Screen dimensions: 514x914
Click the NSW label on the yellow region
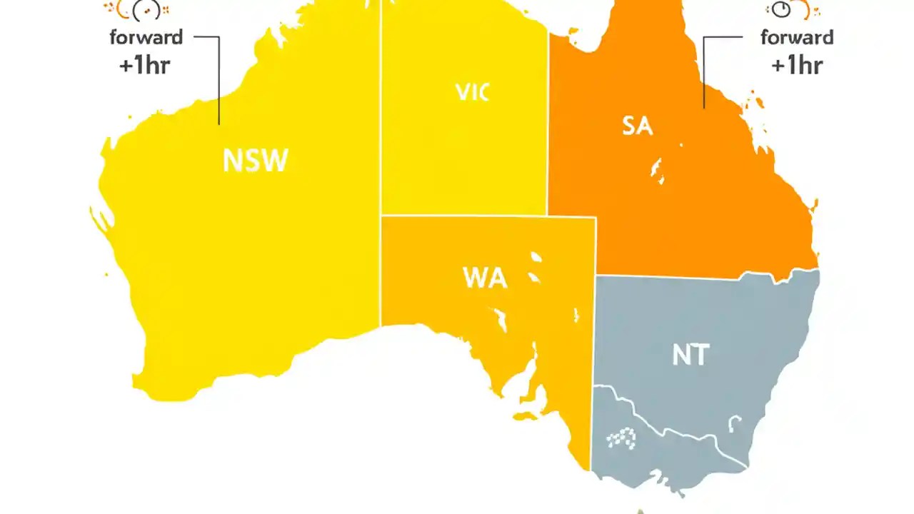pos(255,161)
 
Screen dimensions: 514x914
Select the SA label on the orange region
pos(637,126)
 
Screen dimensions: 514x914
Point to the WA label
pos(485,277)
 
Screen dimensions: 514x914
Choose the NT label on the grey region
pos(690,355)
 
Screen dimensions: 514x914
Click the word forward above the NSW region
pos(146,37)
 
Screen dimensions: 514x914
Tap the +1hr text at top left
pos(145,65)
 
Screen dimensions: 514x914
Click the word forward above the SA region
pos(797,37)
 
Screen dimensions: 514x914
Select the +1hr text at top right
pos(796,65)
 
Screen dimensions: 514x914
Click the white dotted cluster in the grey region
pos(620,438)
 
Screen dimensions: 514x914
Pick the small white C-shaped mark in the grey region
pos(733,425)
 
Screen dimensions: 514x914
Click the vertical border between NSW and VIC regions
pos(381,143)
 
